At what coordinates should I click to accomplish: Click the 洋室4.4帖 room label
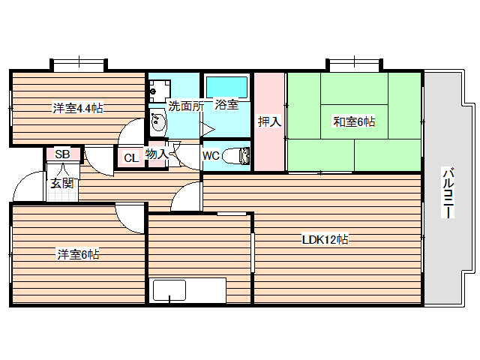(x=77, y=108)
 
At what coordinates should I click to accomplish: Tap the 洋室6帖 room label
(x=78, y=254)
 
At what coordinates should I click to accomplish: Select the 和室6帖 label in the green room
(x=354, y=121)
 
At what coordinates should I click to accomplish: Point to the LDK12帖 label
(x=325, y=240)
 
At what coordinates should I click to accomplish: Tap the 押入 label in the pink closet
(x=269, y=121)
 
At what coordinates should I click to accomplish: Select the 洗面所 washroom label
(x=184, y=106)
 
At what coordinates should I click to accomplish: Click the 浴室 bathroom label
(x=226, y=105)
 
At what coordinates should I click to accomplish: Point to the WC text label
(x=211, y=156)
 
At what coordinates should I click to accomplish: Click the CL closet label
(x=130, y=157)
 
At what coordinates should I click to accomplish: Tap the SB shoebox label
(x=63, y=154)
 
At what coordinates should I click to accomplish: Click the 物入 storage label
(x=157, y=154)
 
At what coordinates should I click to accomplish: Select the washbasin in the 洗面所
(x=157, y=122)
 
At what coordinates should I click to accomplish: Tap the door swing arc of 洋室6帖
(x=129, y=218)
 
